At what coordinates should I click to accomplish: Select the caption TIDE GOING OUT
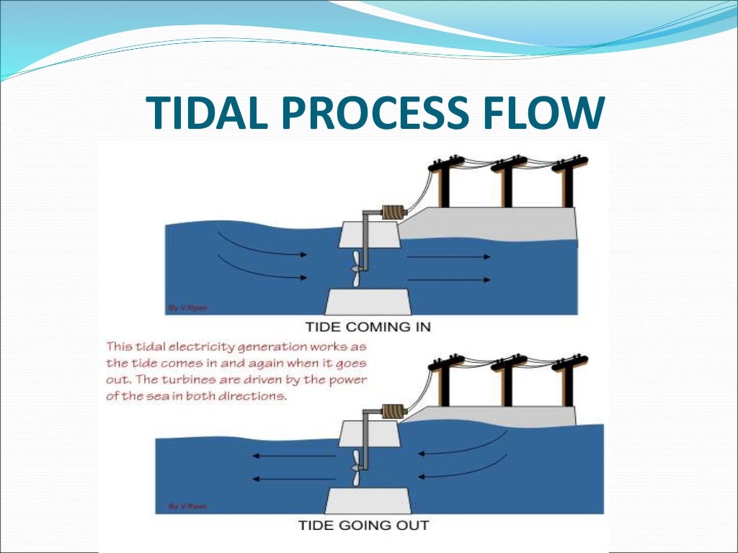click(363, 524)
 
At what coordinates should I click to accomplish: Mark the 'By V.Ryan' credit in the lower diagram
click(187, 506)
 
